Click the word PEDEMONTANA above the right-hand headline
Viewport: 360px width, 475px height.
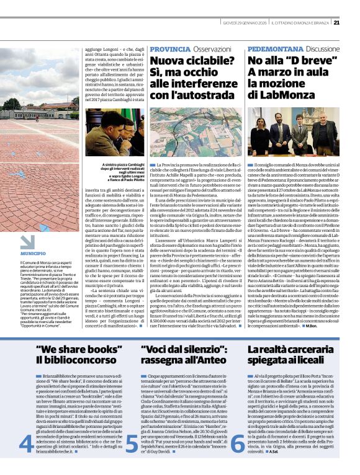276,48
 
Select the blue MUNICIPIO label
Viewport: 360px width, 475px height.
32,254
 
